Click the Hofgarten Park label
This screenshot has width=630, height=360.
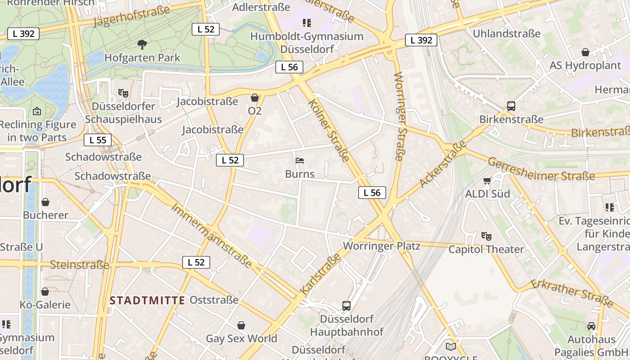pyautogui.click(x=142, y=58)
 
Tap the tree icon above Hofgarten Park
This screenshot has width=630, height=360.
pyautogui.click(x=142, y=44)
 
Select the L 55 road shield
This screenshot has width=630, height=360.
pyautogui.click(x=98, y=140)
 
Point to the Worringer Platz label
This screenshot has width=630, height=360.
pyautogui.click(x=382, y=246)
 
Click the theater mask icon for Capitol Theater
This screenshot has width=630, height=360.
pyautogui.click(x=486, y=236)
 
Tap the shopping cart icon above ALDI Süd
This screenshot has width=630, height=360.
pyautogui.click(x=487, y=181)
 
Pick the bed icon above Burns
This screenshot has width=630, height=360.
pyautogui.click(x=300, y=161)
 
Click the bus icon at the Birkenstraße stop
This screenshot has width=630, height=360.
pyautogui.click(x=511, y=106)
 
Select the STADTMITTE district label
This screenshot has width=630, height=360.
pyautogui.click(x=147, y=300)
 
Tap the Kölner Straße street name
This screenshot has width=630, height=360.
pyautogui.click(x=329, y=130)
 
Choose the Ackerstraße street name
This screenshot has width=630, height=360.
pyautogui.click(x=443, y=163)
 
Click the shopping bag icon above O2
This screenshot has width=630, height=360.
pyautogui.click(x=255, y=98)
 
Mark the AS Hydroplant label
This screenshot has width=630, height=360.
pyautogui.click(x=585, y=65)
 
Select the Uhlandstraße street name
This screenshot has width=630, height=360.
pyautogui.click(x=506, y=34)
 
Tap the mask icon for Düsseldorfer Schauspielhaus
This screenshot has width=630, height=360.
pyautogui.click(x=123, y=93)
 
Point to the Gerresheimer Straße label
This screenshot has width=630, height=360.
pyautogui.click(x=541, y=170)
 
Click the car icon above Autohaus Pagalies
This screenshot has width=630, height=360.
pyautogui.click(x=591, y=326)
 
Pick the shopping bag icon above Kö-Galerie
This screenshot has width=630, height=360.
pyautogui.click(x=45, y=292)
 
